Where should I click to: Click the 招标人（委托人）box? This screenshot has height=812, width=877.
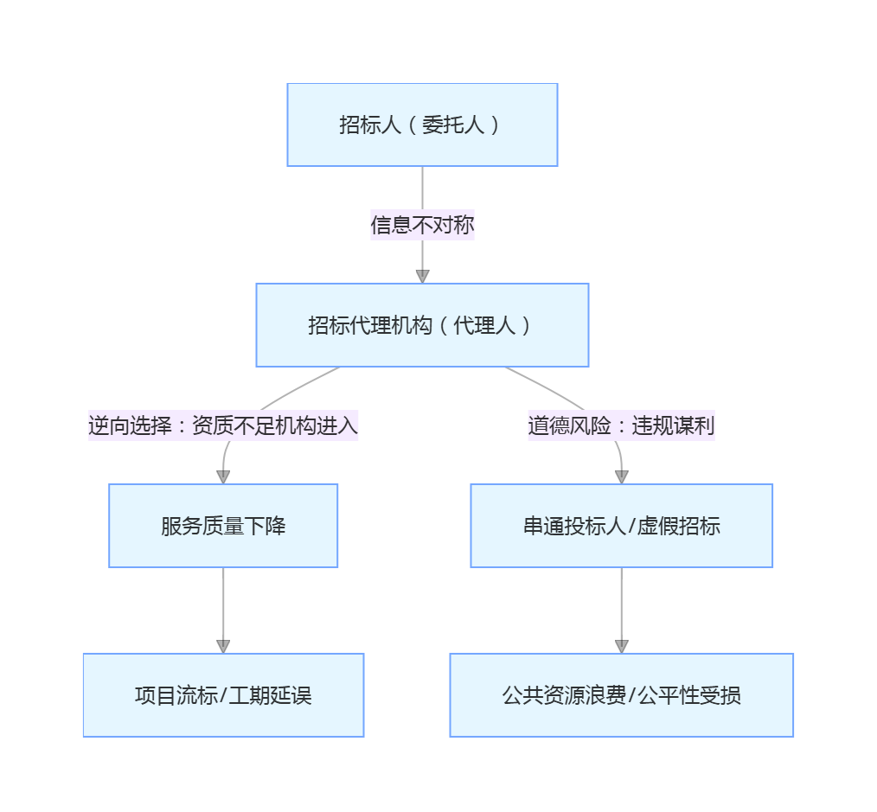[x=422, y=125]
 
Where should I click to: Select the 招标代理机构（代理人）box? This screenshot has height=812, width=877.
[x=422, y=325]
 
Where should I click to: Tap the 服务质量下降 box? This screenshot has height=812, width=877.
[x=223, y=526]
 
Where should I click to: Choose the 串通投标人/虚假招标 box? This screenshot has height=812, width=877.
[x=621, y=526]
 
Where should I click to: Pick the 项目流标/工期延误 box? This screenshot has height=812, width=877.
[x=223, y=695]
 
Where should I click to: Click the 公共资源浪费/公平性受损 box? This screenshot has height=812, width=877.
[x=621, y=695]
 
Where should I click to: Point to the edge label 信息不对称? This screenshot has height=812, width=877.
[x=422, y=226]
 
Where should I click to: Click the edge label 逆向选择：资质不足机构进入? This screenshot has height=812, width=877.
[x=223, y=425]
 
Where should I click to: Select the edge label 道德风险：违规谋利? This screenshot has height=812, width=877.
[x=621, y=425]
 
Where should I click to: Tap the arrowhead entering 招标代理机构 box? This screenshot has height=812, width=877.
[x=422, y=277]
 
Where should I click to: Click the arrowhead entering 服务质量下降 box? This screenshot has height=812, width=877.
[x=223, y=476]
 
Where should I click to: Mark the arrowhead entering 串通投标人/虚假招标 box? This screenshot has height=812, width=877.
[x=621, y=476]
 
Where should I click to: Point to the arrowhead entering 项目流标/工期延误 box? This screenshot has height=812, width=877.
[x=223, y=646]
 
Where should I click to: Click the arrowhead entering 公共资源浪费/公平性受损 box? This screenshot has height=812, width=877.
[x=621, y=646]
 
